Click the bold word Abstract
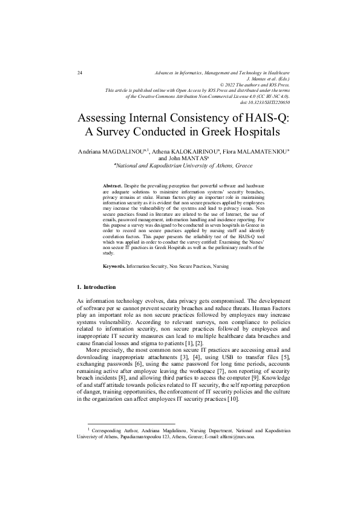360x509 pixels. [113, 181]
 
